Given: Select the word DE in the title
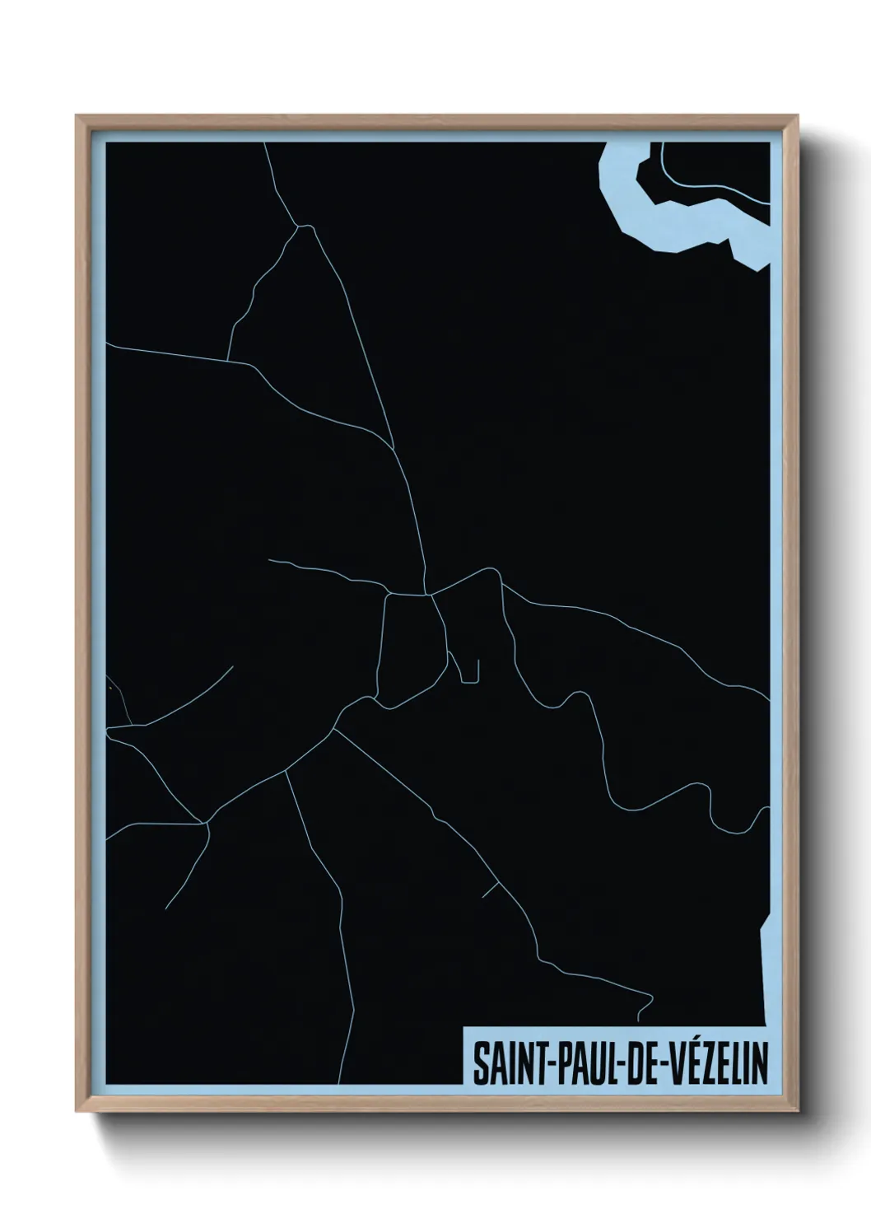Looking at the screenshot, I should coord(631,1064).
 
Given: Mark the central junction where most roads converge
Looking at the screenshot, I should coord(427,593).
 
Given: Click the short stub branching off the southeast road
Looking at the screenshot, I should coord(489,889).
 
